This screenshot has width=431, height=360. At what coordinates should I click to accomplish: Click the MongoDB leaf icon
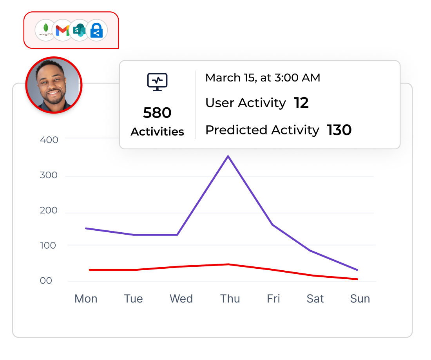tap(46, 30)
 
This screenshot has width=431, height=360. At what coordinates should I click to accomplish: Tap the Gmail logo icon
tap(63, 30)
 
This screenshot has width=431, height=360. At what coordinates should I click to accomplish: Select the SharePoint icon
tap(80, 30)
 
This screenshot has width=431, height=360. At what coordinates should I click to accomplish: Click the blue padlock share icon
tap(96, 30)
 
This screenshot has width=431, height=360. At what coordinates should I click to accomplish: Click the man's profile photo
tap(54, 85)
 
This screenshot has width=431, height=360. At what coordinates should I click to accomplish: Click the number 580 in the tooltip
tap(157, 113)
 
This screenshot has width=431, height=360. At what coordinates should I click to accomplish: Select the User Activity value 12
tap(301, 103)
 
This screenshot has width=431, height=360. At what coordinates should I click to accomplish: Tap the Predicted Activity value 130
tap(339, 130)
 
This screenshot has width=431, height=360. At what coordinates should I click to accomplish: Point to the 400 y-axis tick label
tap(49, 140)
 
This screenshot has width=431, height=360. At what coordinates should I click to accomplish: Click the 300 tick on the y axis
tap(49, 175)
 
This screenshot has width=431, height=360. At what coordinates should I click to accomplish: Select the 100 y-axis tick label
tap(49, 246)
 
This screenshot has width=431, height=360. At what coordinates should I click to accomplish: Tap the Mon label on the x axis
tap(86, 299)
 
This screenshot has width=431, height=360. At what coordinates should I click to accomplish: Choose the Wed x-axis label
tap(181, 299)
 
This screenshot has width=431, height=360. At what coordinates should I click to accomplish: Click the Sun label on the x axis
tap(360, 299)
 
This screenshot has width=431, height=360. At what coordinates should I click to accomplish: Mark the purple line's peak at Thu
tap(228, 156)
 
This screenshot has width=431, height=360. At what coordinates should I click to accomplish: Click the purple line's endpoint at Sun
tap(357, 270)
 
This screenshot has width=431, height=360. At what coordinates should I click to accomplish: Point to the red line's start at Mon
tap(90, 270)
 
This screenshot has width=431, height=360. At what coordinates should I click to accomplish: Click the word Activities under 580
tap(157, 132)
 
